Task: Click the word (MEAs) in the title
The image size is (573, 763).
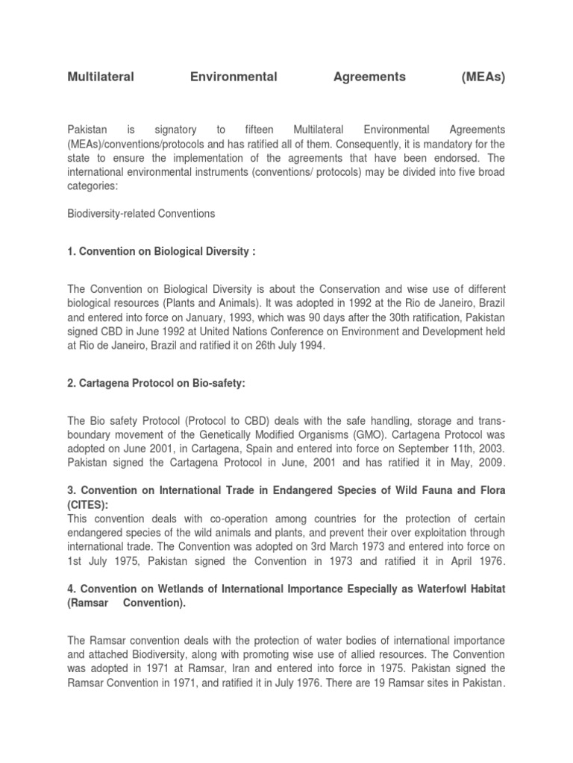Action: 483,77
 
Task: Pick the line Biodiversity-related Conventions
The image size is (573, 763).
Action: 141,214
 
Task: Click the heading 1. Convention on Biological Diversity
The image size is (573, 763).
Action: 161,252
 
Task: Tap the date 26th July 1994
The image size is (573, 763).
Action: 286,346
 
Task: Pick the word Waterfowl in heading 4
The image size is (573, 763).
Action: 429,589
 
